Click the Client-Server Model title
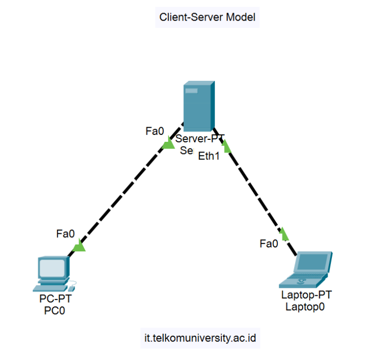pos(207,17)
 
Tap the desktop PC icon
pos(53,273)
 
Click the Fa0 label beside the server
pos(155,131)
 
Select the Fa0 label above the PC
pos(66,234)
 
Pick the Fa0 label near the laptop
pos(269,244)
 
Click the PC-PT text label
pos(56,299)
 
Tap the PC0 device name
pos(55,311)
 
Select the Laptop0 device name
pos(305,306)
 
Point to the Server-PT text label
pos(200,139)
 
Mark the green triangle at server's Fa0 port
pos(168,144)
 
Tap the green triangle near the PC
pos(79,246)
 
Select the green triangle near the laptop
pos(284,234)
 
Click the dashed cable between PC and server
pos(124,195)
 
